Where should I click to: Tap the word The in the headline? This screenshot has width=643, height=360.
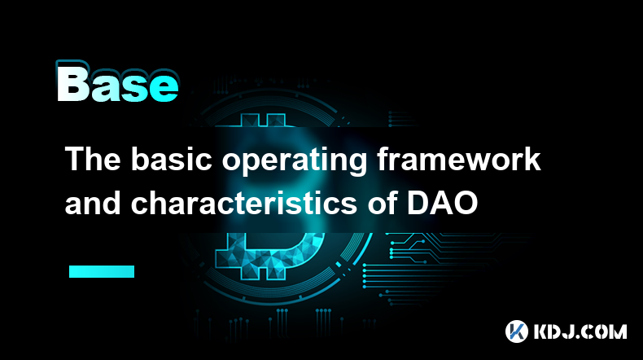[x=93, y=159]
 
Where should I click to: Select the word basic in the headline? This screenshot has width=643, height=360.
[x=171, y=159]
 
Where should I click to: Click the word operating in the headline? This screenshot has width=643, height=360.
[x=294, y=161]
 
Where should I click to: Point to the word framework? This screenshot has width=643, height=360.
[x=459, y=159]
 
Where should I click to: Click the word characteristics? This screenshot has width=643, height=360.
[x=243, y=203]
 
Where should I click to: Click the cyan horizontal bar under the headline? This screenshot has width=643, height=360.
[x=102, y=271]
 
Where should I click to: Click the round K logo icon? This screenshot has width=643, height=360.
[x=516, y=331]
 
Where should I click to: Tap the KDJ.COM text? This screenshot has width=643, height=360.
[x=580, y=331]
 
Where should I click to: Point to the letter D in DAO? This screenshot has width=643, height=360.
[x=418, y=204]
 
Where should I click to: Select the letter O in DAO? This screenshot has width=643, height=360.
[x=466, y=204]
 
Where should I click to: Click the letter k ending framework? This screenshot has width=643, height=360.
[x=531, y=159]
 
